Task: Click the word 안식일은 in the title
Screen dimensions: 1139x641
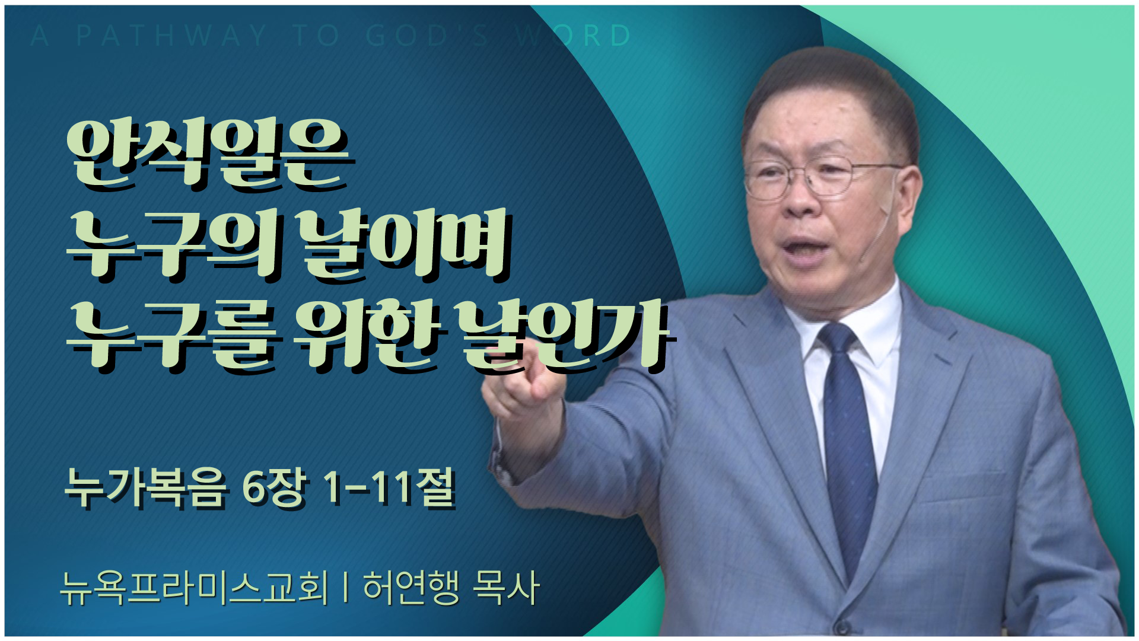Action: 211,155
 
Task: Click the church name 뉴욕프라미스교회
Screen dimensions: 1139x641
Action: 194,588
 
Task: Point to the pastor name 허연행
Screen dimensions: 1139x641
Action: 411,588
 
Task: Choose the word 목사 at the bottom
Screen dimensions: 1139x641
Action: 506,588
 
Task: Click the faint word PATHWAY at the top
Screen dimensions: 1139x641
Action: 171,36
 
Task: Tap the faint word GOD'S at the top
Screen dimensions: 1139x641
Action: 427,36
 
